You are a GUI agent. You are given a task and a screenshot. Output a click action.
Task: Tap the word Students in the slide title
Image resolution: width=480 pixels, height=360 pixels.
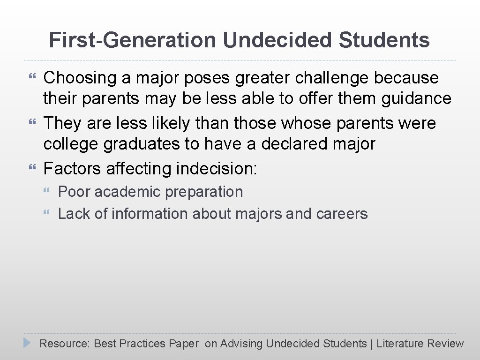[384, 40]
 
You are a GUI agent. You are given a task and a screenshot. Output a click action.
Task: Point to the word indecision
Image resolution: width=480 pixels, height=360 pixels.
[217, 168]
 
